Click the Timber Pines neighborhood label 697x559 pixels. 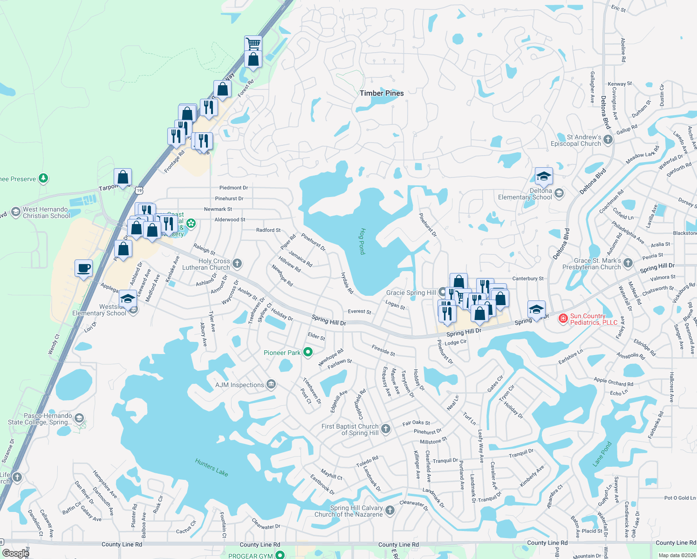[x=382, y=93]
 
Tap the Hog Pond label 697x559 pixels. [x=362, y=241]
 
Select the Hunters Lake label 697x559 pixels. [x=212, y=467]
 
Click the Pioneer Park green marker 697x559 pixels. [x=307, y=353]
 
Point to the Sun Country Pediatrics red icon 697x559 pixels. [x=563, y=319]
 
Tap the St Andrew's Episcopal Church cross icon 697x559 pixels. [x=608, y=140]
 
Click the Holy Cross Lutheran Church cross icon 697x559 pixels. [x=237, y=264]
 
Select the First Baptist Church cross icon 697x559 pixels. [x=385, y=429]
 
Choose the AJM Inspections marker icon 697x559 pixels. [x=271, y=385]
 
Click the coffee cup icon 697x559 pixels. [x=84, y=268]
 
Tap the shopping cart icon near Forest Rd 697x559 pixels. [x=253, y=44]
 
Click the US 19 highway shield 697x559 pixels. [x=139, y=191]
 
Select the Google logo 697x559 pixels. [x=15, y=553]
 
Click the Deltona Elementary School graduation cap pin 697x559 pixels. [x=544, y=176]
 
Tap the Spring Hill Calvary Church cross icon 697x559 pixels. [x=389, y=511]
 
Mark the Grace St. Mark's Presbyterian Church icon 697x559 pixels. [x=628, y=263]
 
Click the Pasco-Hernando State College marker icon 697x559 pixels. [x=79, y=418]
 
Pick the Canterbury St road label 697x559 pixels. [x=528, y=279]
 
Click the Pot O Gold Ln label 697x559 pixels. [x=680, y=498]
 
